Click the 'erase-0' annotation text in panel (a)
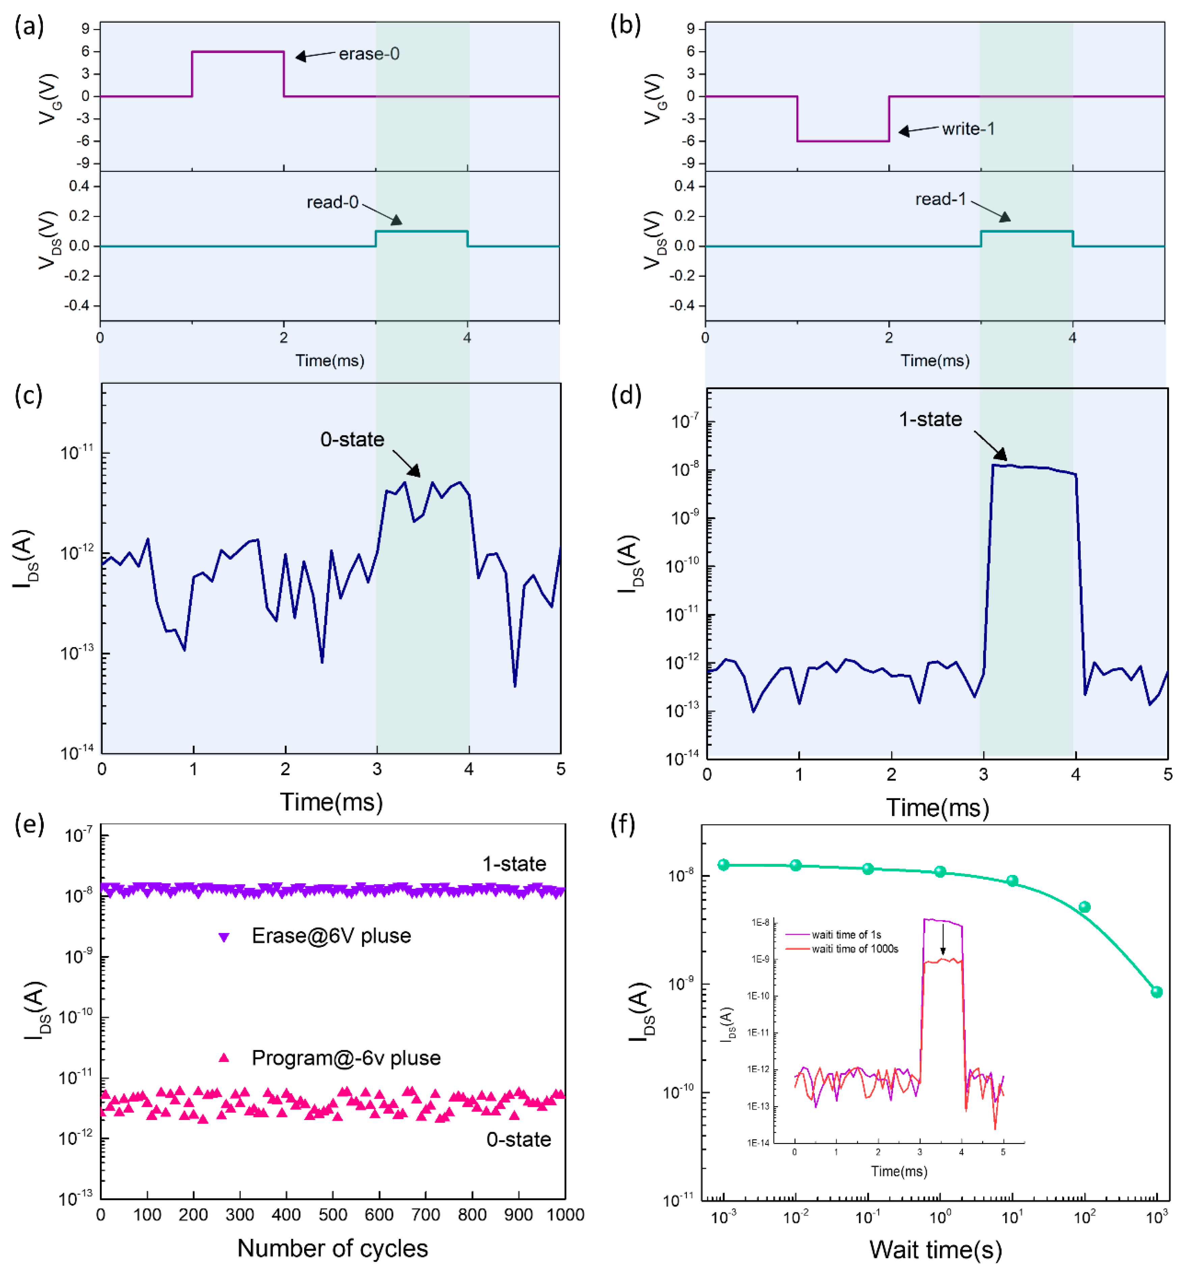pos(369,54)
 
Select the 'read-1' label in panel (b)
pos(940,199)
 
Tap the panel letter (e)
pos(29,824)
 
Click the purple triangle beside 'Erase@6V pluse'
pos(223,937)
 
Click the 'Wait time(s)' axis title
pos(935,1250)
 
